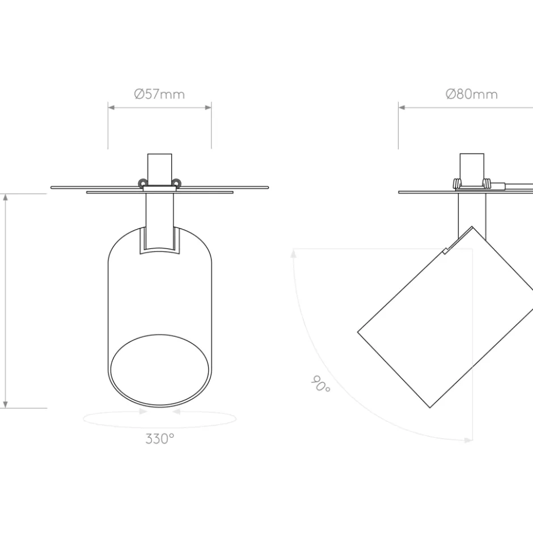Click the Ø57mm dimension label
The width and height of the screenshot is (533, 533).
(x=159, y=94)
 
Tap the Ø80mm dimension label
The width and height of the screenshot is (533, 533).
(x=471, y=94)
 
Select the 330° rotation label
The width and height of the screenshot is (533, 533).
(x=160, y=439)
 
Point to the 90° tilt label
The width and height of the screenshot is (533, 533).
(x=320, y=383)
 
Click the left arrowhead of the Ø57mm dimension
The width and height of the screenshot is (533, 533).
(x=111, y=107)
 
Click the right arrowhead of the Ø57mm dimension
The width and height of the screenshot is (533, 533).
(x=208, y=107)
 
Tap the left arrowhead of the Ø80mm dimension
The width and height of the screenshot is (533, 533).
(x=402, y=107)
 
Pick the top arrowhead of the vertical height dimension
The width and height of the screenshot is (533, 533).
(x=5, y=197)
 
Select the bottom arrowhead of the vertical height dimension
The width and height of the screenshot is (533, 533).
(x=5, y=404)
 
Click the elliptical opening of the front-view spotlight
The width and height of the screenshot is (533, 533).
(x=159, y=370)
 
